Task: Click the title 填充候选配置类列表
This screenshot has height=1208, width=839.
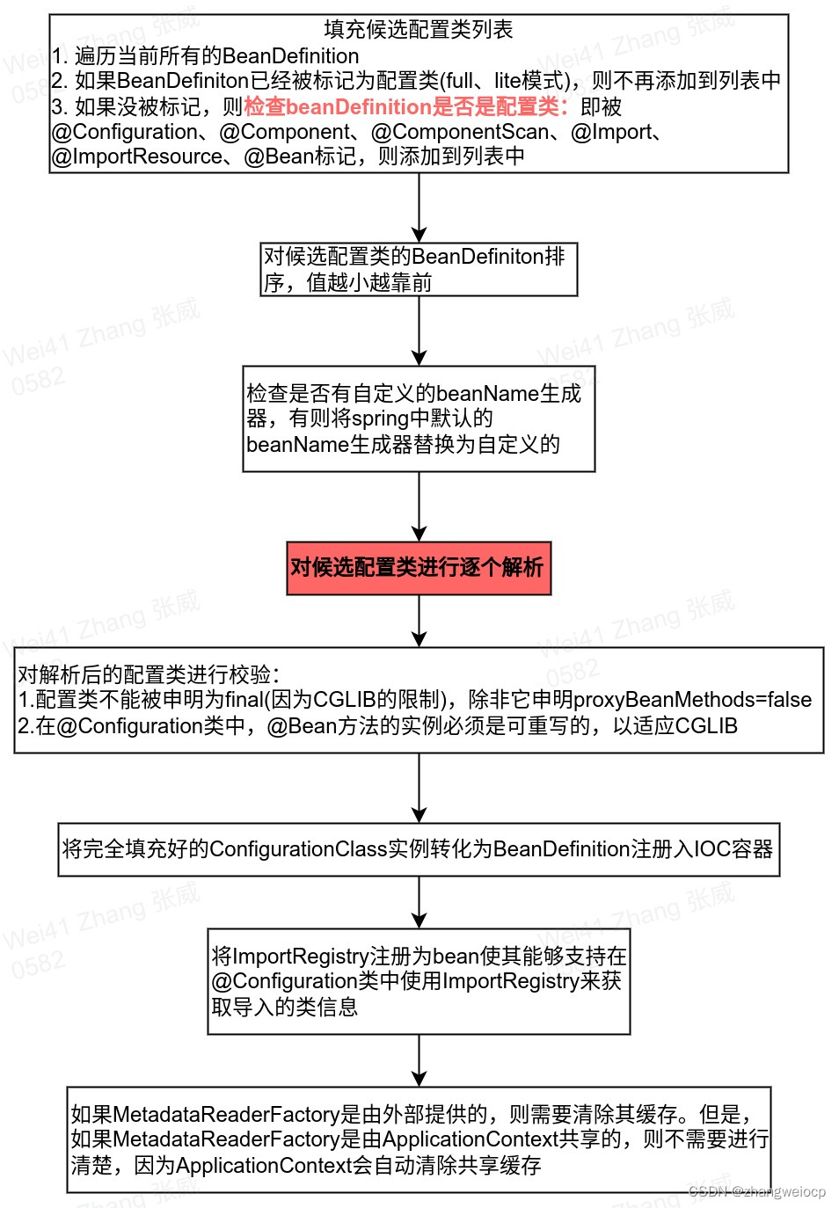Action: click(419, 29)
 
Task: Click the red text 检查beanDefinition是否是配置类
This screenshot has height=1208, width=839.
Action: click(405, 107)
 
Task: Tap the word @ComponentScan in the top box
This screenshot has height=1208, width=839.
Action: click(460, 132)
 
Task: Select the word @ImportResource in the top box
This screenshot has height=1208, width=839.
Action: click(137, 156)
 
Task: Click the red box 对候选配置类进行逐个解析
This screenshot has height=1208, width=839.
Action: click(419, 568)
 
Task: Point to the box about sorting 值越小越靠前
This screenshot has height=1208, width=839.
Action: click(419, 270)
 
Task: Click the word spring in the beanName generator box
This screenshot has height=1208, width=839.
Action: click(380, 418)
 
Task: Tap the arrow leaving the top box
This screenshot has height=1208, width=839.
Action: click(419, 207)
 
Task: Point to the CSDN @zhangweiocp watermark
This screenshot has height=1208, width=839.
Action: click(757, 1191)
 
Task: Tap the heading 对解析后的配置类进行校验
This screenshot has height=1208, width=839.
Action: click(148, 674)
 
